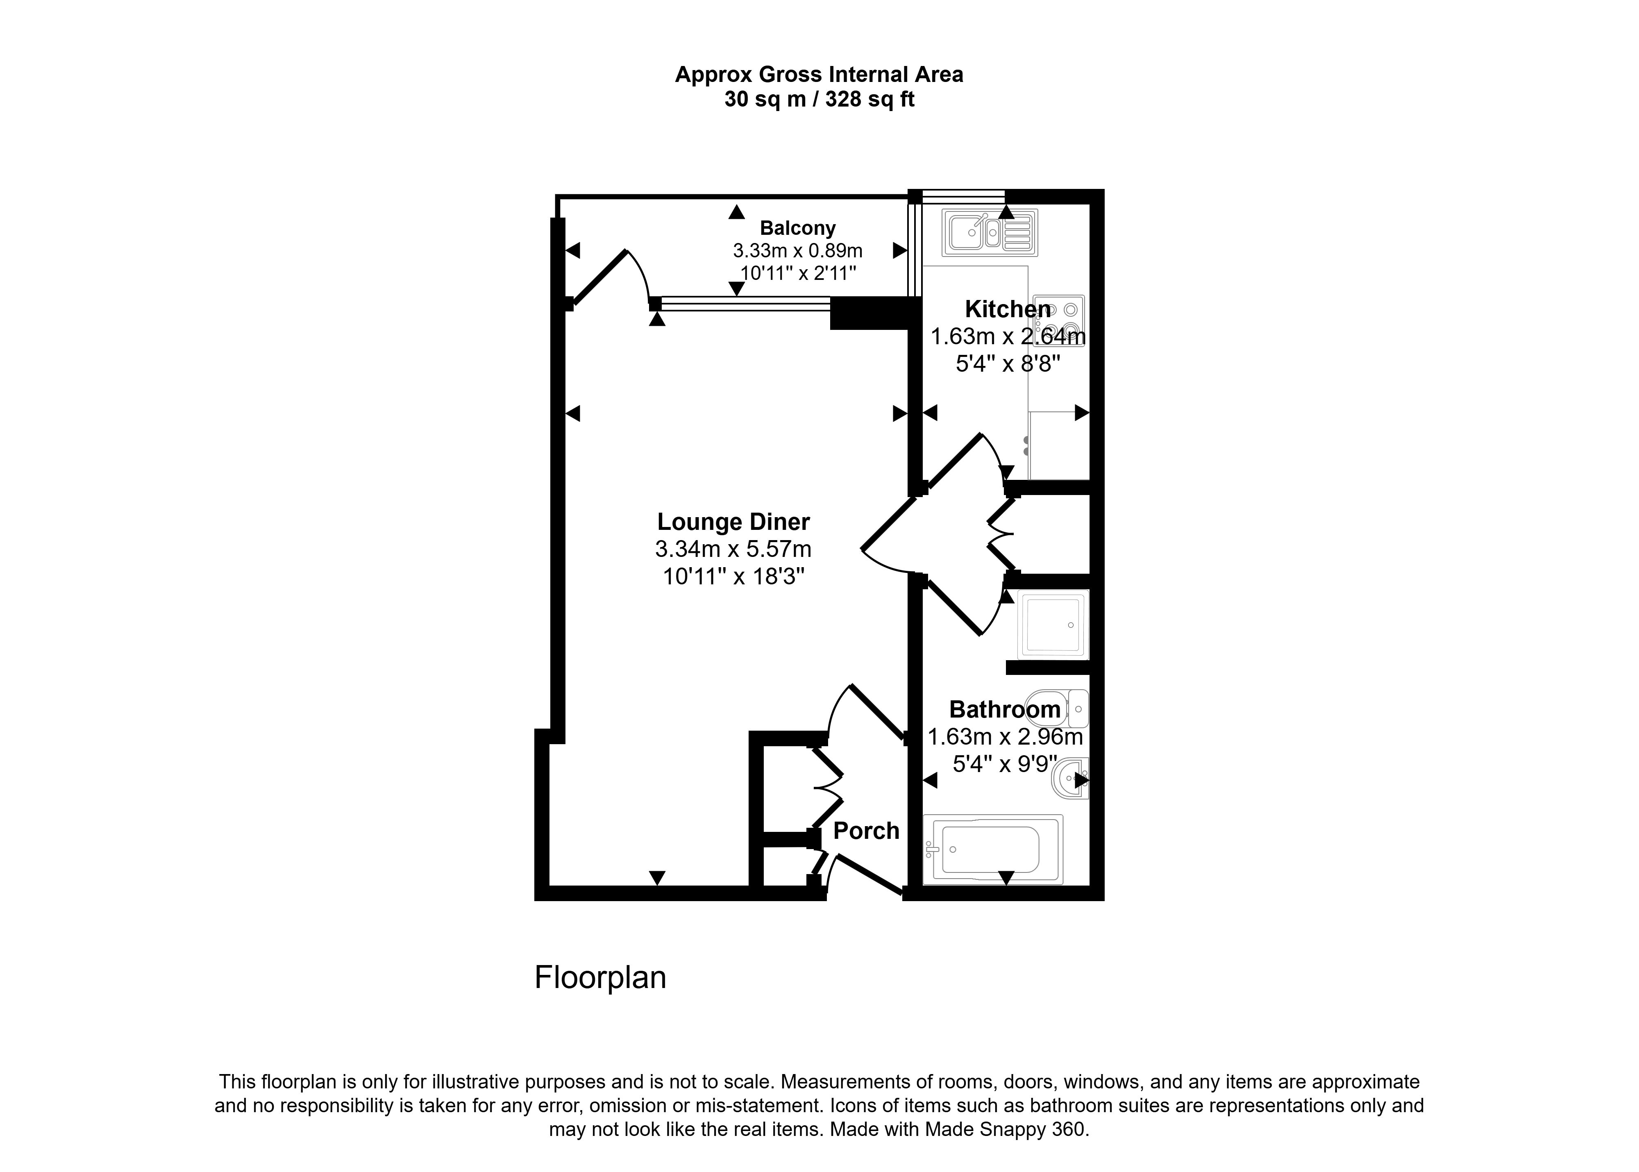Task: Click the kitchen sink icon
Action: (x=989, y=232)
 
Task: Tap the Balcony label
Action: (x=797, y=228)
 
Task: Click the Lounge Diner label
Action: (x=733, y=521)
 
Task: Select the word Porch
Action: (x=866, y=831)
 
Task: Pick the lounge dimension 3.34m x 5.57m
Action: (x=733, y=549)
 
